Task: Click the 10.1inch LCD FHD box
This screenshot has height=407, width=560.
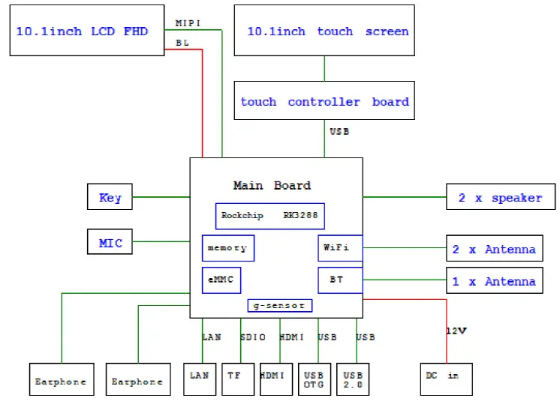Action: pos(86,31)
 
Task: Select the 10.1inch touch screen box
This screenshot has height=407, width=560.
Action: pos(324,31)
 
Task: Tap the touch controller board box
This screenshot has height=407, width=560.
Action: pos(324,101)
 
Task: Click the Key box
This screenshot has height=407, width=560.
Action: pos(110,198)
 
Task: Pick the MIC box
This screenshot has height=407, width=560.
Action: pos(110,243)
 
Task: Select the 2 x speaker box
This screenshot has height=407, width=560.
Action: pos(500,198)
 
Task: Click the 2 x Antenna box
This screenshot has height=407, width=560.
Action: pos(494,249)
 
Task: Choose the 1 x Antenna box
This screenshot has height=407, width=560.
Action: pos(494,281)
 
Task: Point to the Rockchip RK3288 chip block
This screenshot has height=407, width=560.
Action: pos(269,216)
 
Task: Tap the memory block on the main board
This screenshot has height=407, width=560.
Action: pos(227,248)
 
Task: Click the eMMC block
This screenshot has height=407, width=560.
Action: pos(221,280)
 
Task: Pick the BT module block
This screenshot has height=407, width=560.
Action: pos(340,280)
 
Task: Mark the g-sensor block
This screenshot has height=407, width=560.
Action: pos(279,306)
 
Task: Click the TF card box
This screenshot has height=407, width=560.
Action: pos(236,379)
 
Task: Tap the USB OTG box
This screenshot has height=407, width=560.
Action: pos(314,379)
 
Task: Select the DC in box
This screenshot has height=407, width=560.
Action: pos(446,379)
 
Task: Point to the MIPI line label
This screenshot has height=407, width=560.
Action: pos(188,23)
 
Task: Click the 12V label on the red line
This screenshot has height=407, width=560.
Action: pos(456,330)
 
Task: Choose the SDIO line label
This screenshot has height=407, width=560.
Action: pos(252,337)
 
